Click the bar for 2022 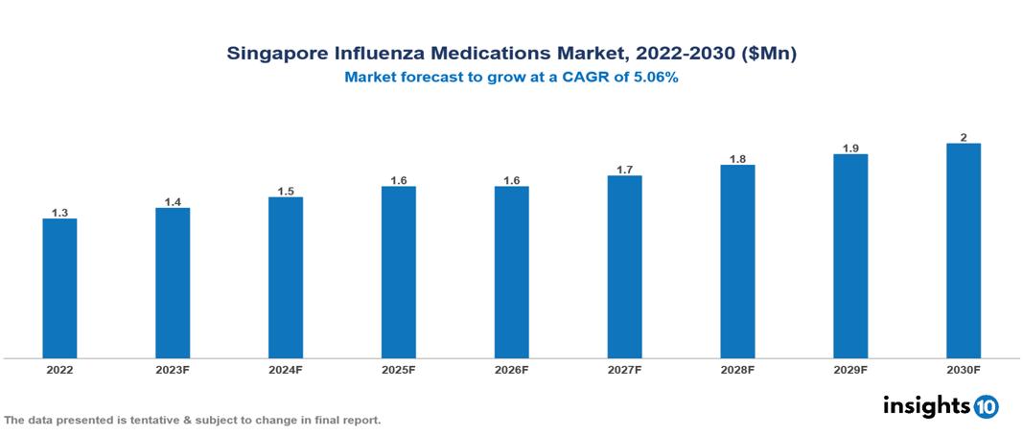pos(59,288)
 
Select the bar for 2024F pos(286,278)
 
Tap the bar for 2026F pos(511,272)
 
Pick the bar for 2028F pos(737,262)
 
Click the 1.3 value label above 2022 pos(59,213)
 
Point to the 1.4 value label pos(173,202)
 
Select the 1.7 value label pos(624,170)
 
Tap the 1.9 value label pos(850,149)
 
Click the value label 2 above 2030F pos(963,137)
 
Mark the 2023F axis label pos(173,369)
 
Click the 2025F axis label pos(398,369)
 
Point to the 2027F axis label pos(624,369)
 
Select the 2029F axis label pos(850,369)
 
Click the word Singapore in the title pos(273,55)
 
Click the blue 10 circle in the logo pos(986,406)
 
